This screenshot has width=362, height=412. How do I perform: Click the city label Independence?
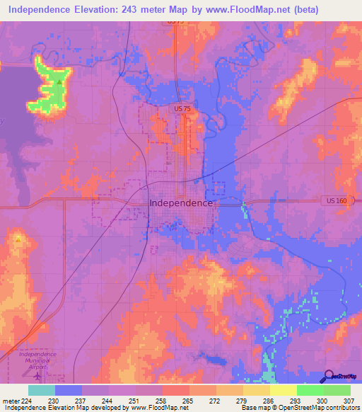point(181,202)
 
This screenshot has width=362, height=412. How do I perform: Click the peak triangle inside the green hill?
point(59,81)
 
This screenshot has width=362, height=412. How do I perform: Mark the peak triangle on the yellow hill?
point(18,239)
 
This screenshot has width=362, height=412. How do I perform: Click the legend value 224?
point(28,401)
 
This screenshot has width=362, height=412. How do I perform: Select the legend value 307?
point(350,401)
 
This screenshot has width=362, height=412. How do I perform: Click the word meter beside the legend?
point(11,401)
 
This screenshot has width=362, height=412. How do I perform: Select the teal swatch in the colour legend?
point(41,390)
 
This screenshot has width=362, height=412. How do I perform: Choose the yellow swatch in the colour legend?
point(283,390)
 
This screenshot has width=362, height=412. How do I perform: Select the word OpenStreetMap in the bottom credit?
point(292,408)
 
